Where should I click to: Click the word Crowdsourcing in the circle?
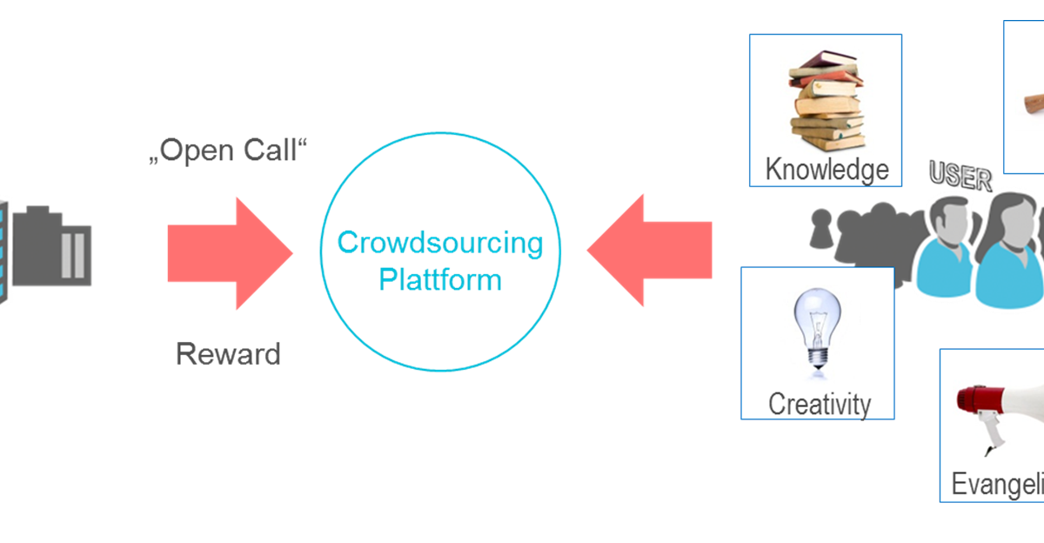click(x=440, y=243)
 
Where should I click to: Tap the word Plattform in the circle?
click(x=440, y=280)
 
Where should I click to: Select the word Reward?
click(x=228, y=354)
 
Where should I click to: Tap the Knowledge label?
click(x=826, y=169)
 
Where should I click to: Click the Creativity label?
click(x=819, y=404)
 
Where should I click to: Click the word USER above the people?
click(x=960, y=178)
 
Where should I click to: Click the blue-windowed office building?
click(x=3, y=252)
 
